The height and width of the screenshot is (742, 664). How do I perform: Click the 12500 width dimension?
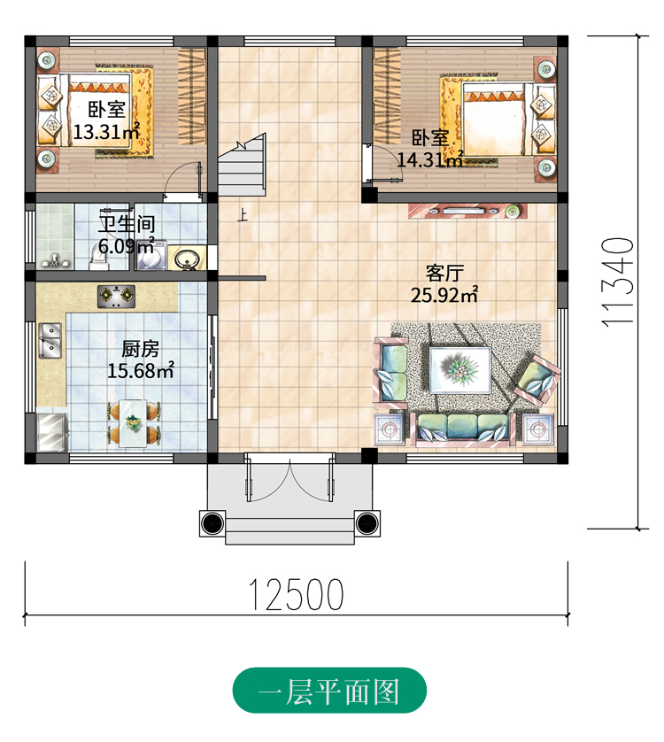pyautogui.click(x=296, y=594)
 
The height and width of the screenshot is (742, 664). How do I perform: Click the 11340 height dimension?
pyautogui.click(x=617, y=281)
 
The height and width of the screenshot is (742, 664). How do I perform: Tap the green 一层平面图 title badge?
pyautogui.click(x=329, y=691)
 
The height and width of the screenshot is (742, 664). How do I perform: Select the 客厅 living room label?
pyautogui.click(x=444, y=273)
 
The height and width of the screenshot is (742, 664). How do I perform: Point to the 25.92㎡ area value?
pyautogui.click(x=444, y=295)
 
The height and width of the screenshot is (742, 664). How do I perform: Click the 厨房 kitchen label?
pyautogui.click(x=140, y=349)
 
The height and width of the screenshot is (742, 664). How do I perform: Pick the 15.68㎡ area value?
pyautogui.click(x=141, y=370)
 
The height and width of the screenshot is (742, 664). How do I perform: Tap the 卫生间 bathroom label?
pyautogui.click(x=127, y=224)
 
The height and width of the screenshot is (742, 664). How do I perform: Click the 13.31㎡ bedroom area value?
pyautogui.click(x=106, y=132)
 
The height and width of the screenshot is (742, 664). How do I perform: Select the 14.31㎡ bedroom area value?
pyautogui.click(x=429, y=159)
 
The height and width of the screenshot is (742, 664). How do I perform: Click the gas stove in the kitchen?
pyautogui.click(x=116, y=297)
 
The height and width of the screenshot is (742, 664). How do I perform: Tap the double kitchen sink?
pyautogui.click(x=50, y=340)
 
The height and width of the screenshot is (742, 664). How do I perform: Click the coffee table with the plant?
pyautogui.click(x=459, y=369)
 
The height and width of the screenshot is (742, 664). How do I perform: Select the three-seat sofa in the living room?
pyautogui.click(x=462, y=429)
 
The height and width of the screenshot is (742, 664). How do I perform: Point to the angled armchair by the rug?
pyautogui.click(x=537, y=379)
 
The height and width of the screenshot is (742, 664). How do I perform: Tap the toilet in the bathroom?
pyautogui.click(x=99, y=259)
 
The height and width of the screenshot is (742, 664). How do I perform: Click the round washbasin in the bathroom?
pyautogui.click(x=187, y=259)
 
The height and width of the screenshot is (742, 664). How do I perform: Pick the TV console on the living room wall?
pyautogui.click(x=467, y=211)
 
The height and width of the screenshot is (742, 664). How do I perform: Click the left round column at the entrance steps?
pyautogui.click(x=212, y=523)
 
